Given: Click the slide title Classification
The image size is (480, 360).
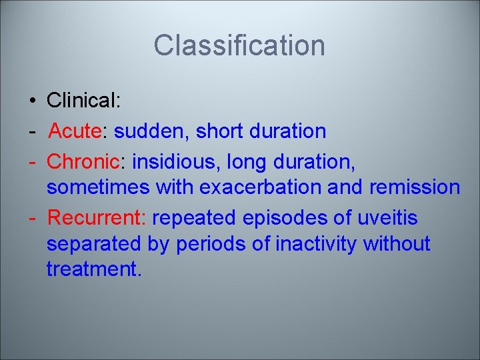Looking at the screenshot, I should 239,46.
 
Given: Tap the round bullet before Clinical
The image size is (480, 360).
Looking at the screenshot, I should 32,101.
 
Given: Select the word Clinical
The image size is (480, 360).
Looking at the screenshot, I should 82,101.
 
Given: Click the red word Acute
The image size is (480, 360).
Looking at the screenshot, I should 74,131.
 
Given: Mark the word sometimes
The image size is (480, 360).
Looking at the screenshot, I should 98,187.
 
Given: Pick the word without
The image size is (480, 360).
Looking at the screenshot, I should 397,244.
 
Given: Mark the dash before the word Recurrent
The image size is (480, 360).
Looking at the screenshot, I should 33,218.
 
